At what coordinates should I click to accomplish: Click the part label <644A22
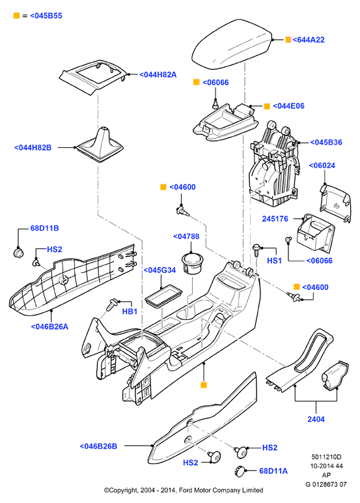tap(309, 40)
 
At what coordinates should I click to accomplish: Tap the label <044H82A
tap(158, 75)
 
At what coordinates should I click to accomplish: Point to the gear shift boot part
tap(100, 145)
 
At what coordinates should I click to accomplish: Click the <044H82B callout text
tap(33, 148)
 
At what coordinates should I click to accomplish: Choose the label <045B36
tap(326, 143)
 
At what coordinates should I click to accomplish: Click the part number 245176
tap(275, 219)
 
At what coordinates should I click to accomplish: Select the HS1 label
tap(274, 261)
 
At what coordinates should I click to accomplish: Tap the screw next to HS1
tap(256, 250)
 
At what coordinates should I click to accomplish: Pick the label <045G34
tap(159, 270)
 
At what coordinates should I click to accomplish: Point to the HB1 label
tap(130, 311)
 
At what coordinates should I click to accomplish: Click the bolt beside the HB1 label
tap(111, 304)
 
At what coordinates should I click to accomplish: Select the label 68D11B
tap(44, 228)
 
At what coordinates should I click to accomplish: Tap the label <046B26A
tap(49, 326)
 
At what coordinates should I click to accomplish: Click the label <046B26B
tap(98, 446)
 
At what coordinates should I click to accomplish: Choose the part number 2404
tap(316, 419)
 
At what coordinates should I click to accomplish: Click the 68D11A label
tap(273, 471)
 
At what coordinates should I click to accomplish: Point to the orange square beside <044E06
tap(267, 106)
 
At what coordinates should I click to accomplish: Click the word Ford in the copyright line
tap(185, 490)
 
